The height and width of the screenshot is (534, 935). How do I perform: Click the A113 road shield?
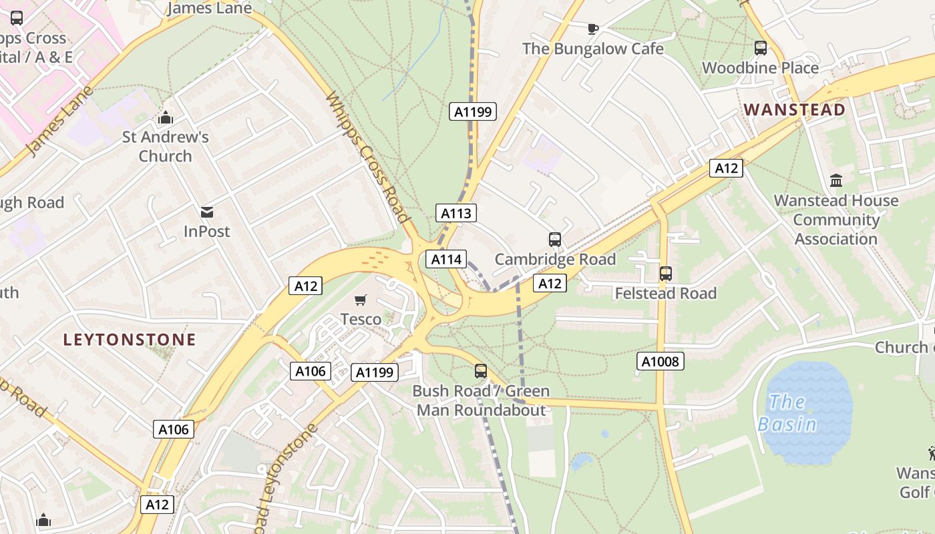[x=456, y=213]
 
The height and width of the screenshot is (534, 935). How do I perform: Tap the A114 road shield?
[x=445, y=259]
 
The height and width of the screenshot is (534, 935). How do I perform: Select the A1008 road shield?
[x=661, y=362]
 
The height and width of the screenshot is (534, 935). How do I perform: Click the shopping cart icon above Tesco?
[x=361, y=300]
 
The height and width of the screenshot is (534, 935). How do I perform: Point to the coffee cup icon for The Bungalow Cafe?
[x=592, y=29]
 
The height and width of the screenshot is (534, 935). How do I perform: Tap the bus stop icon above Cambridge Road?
[x=554, y=240]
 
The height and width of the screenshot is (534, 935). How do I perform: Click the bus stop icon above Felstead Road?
[x=665, y=274]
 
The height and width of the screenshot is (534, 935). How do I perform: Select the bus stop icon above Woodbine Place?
[x=760, y=48]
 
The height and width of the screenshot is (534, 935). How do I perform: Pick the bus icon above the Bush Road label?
[x=481, y=371]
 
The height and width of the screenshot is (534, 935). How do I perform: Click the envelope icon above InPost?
[x=207, y=212]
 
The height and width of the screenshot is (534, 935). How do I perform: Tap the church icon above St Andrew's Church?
[x=165, y=118]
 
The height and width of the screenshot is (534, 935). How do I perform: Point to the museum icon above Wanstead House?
[x=835, y=180]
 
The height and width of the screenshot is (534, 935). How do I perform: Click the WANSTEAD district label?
[x=794, y=109]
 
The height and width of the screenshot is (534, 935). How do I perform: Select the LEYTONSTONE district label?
[x=130, y=340]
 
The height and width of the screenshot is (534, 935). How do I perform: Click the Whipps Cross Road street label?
[x=367, y=158]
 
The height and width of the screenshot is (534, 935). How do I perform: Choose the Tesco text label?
[x=361, y=319]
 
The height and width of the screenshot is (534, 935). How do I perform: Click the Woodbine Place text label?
[x=760, y=68]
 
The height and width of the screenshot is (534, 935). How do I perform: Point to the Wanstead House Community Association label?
[x=835, y=220]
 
